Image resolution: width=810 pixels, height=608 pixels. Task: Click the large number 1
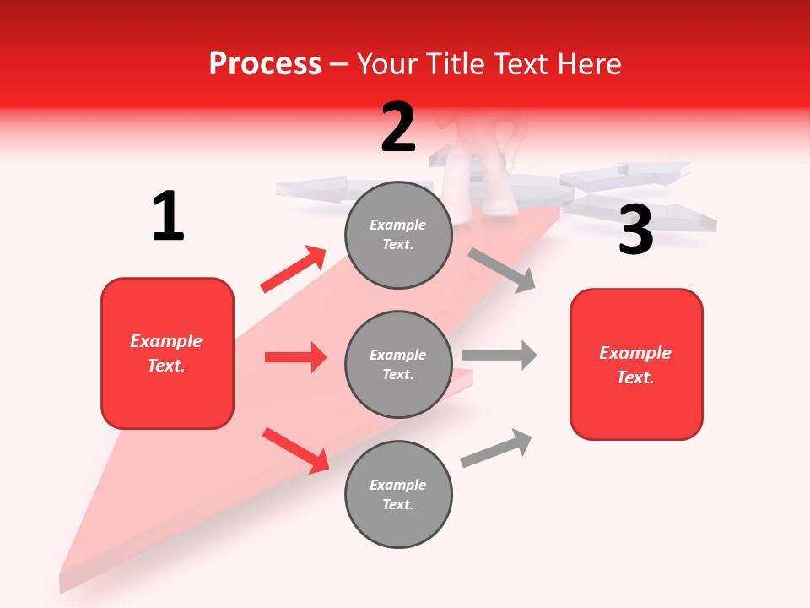point(168,217)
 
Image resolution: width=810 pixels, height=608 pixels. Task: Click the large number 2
point(398,128)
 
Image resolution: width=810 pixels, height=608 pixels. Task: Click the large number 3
point(635,230)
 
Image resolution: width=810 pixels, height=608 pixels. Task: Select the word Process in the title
point(265,63)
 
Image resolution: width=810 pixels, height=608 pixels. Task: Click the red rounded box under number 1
point(167,353)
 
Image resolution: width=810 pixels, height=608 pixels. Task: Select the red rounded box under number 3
point(636,364)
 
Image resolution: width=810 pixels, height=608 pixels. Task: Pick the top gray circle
point(398,234)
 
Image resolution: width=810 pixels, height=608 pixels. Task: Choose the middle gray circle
point(398,364)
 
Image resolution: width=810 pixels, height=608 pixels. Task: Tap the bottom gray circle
point(398,494)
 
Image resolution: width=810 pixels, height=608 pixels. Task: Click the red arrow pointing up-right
point(294,269)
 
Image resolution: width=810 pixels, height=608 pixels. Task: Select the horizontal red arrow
point(295,357)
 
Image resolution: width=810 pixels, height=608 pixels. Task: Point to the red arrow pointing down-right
point(295,450)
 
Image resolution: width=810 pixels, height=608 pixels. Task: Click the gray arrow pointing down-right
point(501,270)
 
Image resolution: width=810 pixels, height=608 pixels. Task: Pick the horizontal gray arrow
point(499,355)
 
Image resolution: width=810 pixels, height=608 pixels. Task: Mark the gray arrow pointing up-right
point(496,448)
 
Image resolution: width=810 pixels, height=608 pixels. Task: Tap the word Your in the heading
point(387,63)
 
